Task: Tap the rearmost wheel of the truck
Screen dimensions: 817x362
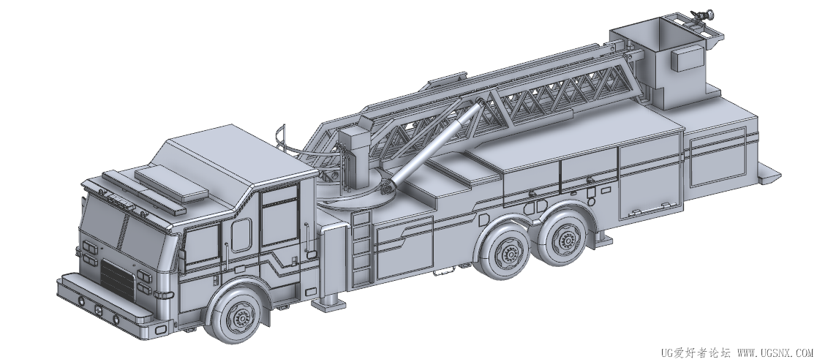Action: click(x=564, y=237)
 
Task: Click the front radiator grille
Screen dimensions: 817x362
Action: click(x=117, y=280)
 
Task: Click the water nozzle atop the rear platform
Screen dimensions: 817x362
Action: click(x=701, y=18)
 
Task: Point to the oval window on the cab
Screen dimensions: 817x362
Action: click(x=241, y=235)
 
